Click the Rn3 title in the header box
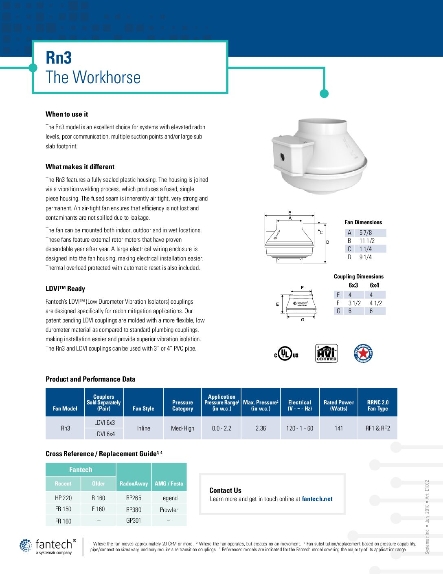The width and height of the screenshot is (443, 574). tap(59, 58)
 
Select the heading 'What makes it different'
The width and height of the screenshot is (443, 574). tap(80, 167)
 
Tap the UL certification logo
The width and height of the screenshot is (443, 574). tap(286, 353)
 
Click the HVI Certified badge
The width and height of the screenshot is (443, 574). tap(326, 353)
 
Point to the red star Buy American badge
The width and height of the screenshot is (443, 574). tap(363, 353)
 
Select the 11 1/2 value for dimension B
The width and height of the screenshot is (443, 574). tap(367, 241)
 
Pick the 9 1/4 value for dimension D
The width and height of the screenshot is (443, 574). tap(365, 257)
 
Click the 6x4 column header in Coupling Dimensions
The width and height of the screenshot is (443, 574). tap(374, 285)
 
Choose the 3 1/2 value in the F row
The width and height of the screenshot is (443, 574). tap(354, 303)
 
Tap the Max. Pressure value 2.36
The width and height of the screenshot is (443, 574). tap(261, 428)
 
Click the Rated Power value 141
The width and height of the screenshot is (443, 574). tap(339, 428)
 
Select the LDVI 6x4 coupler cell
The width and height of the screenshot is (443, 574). tap(105, 434)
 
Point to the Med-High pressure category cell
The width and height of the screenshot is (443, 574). tap(182, 428)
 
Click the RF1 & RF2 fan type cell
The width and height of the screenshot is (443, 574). tap(377, 428)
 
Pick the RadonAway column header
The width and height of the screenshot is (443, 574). tap(134, 483)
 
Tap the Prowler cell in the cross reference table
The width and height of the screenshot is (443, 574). tap(169, 510)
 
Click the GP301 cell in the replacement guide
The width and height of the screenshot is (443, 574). tap(134, 521)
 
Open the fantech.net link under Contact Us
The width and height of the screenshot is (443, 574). tap(317, 499)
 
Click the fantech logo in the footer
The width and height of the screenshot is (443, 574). tap(48, 546)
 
